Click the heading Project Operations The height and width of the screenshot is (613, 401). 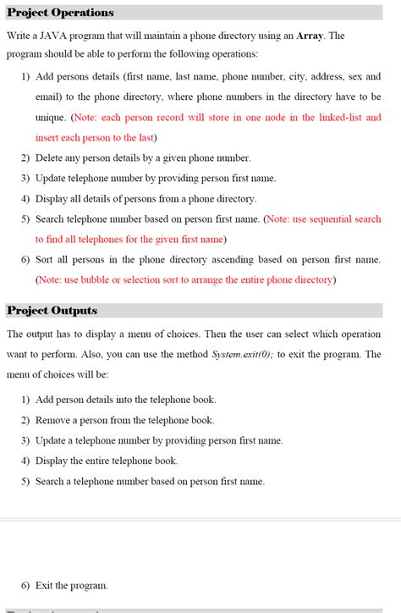60,13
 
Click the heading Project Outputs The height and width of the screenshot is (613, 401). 52,311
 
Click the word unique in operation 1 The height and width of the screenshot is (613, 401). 50,117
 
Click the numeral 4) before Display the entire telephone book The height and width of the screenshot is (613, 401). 25,461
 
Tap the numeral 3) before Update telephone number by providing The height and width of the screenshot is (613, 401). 25,178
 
